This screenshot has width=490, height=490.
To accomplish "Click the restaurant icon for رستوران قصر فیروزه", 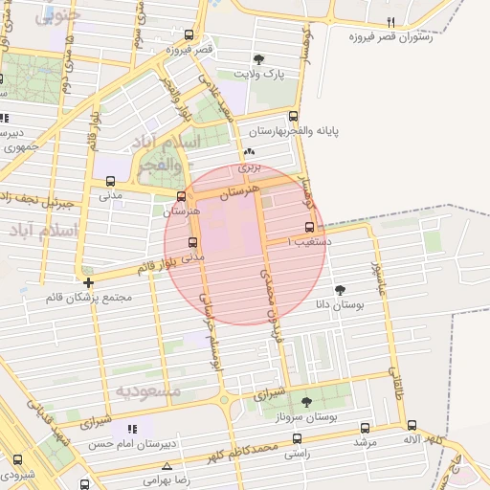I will point(390,21).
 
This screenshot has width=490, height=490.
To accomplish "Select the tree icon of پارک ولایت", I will point(260,59).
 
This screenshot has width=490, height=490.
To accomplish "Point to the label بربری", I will point(249,167).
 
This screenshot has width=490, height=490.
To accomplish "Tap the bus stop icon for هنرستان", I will point(181,196).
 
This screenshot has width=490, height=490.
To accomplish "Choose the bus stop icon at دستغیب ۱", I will point(308,228).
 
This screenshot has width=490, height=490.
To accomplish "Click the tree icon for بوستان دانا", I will point(341,288).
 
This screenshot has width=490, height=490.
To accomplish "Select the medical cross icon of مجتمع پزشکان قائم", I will point(88,282).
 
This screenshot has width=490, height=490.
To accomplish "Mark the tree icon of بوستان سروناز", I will point(306,402).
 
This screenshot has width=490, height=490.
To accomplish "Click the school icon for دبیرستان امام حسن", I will point(133,429).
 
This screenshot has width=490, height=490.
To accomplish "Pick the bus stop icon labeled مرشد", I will point(365,428).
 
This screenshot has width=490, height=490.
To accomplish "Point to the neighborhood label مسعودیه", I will point(148,390).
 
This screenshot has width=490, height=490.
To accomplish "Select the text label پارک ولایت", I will point(260,74).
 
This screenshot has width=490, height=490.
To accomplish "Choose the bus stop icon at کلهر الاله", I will point(412,425).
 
